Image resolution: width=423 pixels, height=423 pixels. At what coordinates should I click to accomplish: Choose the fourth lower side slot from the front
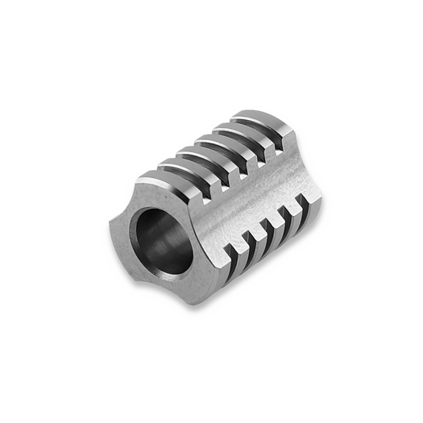pyautogui.click(x=286, y=214)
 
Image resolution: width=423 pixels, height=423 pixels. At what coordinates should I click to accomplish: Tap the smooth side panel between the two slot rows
pyautogui.click(x=250, y=201)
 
